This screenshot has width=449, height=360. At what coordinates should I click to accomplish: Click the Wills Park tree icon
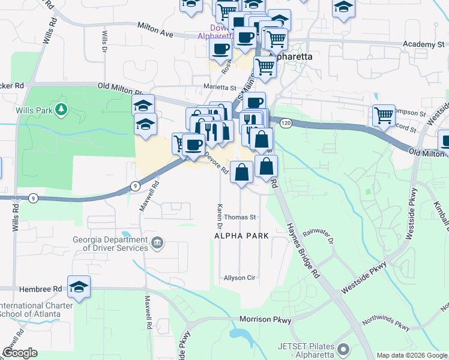60,109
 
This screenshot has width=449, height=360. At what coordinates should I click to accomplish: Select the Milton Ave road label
155,30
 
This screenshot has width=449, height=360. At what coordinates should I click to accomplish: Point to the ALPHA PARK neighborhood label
242,236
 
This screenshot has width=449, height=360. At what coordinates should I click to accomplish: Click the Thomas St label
241,217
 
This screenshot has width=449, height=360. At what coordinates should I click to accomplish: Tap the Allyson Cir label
240,278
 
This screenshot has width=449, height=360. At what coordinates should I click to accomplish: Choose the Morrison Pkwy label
265,319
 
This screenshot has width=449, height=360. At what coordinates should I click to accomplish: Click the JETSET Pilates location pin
343,349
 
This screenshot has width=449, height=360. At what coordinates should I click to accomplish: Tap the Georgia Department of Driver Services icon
157,243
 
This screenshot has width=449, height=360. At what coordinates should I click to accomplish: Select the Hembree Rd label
41,289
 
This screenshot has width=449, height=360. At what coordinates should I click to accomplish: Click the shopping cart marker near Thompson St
383,115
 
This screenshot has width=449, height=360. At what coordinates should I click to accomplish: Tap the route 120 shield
285,122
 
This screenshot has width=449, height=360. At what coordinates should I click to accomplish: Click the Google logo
20,353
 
